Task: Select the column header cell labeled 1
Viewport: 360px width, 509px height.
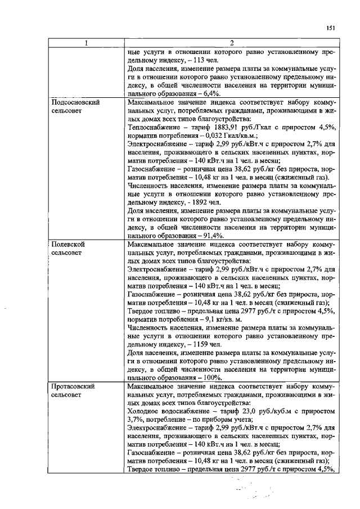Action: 85,43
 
